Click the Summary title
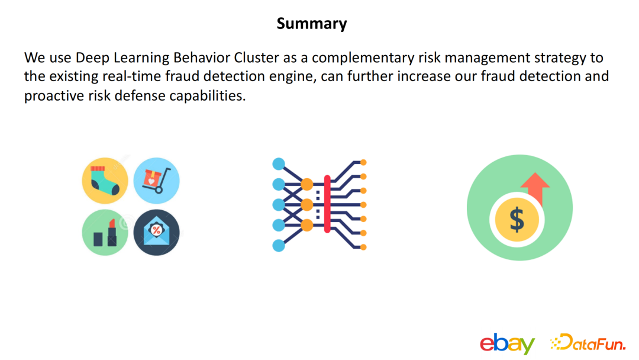coord(312,24)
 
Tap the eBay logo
coord(508,343)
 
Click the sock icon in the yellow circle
coord(105,181)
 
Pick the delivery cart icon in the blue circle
coord(156,181)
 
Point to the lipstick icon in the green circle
coord(105,232)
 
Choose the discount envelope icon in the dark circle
coord(156,232)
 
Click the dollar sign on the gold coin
coord(517,219)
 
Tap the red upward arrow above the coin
coord(535,188)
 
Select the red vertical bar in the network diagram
coord(327,204)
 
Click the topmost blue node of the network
coord(279,164)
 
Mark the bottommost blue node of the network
coord(279,246)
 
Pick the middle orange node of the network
coord(307,205)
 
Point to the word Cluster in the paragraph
coord(256,57)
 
